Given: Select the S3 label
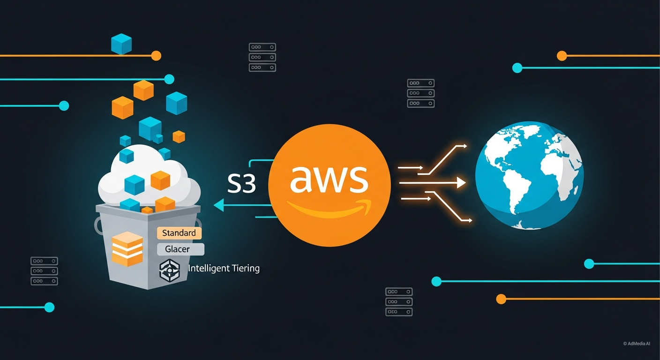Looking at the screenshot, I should (x=241, y=184).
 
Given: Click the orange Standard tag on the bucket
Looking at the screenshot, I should (x=179, y=233).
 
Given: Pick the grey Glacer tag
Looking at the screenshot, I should (x=178, y=249).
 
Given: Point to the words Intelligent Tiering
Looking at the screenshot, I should (x=224, y=268).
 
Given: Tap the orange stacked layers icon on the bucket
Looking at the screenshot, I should (x=127, y=248).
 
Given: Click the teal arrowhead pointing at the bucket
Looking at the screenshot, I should (x=218, y=204).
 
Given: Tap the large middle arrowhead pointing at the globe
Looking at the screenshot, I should (x=461, y=182).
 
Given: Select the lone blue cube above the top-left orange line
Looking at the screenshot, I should (x=121, y=44).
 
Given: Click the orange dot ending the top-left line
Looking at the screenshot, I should (x=156, y=56).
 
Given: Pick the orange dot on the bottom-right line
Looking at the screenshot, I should (x=501, y=299).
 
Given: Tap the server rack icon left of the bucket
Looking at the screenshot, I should (x=44, y=271).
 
